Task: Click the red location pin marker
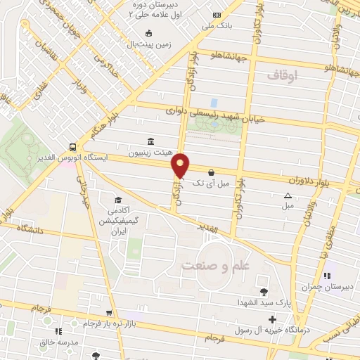181,165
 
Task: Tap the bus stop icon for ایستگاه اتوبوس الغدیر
72,147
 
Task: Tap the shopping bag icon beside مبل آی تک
211,172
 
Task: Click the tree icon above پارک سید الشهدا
264,292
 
